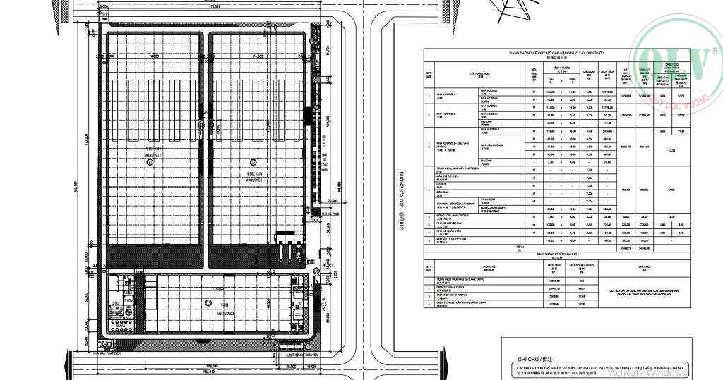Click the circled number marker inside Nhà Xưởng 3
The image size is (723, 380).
tap(207, 302)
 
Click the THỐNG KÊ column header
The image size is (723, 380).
tap(486, 267)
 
